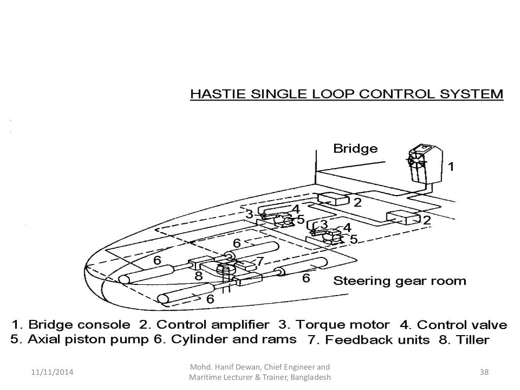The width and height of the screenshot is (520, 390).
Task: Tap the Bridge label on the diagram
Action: click(355, 149)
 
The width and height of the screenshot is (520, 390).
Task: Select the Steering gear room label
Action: click(399, 281)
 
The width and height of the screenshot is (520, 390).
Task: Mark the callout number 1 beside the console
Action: click(449, 166)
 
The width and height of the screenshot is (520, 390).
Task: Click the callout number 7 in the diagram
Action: click(260, 262)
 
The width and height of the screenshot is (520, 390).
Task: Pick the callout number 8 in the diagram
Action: click(199, 276)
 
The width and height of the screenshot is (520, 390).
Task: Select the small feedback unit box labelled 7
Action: click(246, 265)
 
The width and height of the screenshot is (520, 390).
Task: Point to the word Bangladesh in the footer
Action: click(309, 378)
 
